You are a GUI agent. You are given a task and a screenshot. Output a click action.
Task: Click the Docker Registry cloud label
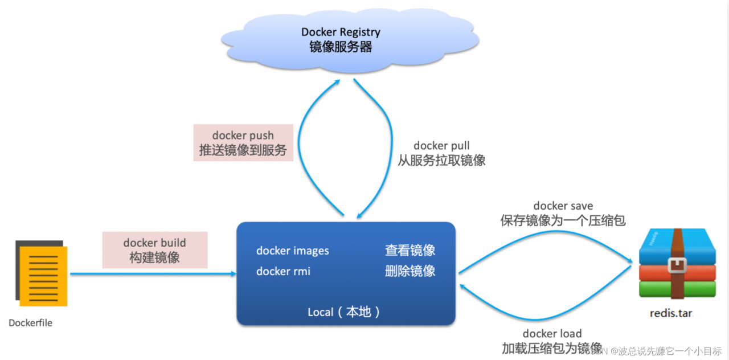click(x=341, y=32)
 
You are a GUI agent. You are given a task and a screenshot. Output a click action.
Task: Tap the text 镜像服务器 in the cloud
click(x=341, y=47)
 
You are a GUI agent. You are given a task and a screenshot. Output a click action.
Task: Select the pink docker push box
click(x=243, y=142)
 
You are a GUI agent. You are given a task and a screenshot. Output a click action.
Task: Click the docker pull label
click(x=441, y=146)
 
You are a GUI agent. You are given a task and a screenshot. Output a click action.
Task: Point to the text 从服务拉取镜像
click(x=441, y=161)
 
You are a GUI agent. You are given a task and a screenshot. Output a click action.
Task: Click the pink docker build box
click(x=154, y=250)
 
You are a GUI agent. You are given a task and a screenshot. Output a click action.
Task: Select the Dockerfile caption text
click(x=30, y=323)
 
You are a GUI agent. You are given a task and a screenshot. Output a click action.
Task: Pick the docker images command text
click(x=292, y=251)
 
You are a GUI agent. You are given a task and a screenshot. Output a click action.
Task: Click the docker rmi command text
click(x=283, y=271)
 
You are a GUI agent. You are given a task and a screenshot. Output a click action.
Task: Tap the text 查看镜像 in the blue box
click(x=410, y=251)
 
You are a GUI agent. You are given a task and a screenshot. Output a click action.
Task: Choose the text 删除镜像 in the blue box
click(x=410, y=271)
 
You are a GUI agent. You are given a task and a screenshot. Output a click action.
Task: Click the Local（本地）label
click(x=345, y=312)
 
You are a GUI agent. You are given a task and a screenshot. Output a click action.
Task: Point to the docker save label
click(x=563, y=206)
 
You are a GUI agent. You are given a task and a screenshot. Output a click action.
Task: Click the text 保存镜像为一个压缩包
click(x=563, y=220)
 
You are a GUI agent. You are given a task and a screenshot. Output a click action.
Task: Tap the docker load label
click(x=552, y=334)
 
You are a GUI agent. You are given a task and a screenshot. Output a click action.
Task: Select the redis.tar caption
click(x=672, y=313)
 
